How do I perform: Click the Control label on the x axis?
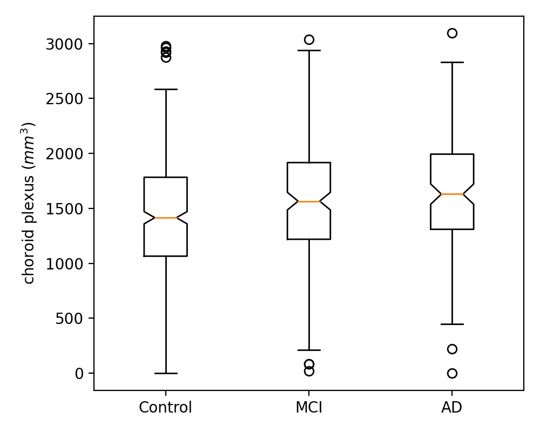coord(165,407)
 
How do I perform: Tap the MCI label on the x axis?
coord(309,407)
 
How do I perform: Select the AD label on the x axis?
coord(452,407)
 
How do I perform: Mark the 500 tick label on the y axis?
coord(68,319)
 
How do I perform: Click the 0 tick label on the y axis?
coord(79,374)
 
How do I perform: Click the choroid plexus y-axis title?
coord(29,203)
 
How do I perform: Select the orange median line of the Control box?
coord(165,218)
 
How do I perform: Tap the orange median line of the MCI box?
coord(309,201)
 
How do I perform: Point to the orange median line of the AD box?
coord(452,194)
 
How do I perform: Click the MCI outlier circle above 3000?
coord(309,39)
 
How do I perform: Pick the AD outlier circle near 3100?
coord(452,33)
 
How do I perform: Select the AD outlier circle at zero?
coord(452,373)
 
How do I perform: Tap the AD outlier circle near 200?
coord(452,349)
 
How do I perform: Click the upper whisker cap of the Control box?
coord(165,89)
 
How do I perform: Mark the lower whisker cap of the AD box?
coord(452,324)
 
